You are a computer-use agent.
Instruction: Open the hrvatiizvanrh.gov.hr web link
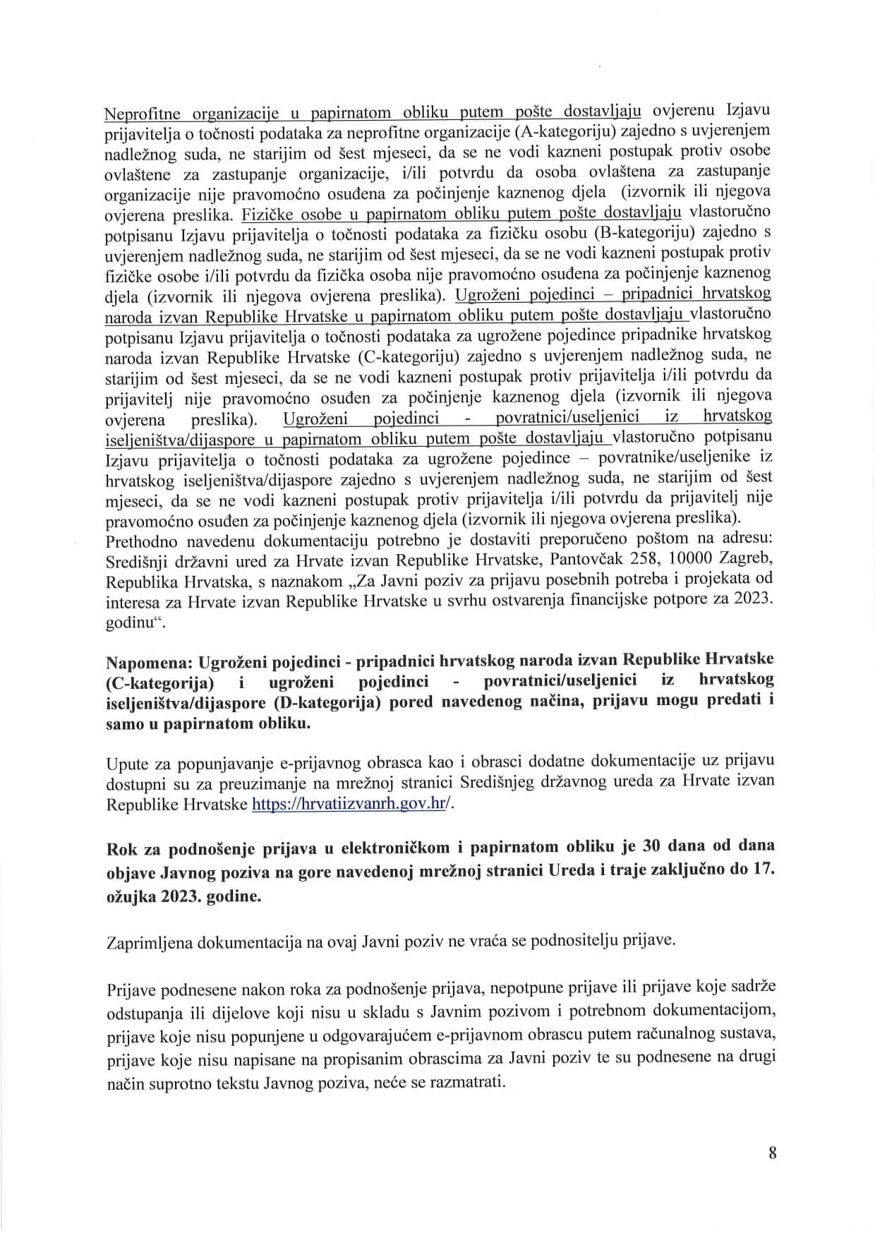[x=349, y=804]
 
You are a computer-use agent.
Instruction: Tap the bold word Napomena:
[x=150, y=659]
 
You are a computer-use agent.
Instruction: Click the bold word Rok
[x=120, y=846]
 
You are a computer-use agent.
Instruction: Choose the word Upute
[x=124, y=762]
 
